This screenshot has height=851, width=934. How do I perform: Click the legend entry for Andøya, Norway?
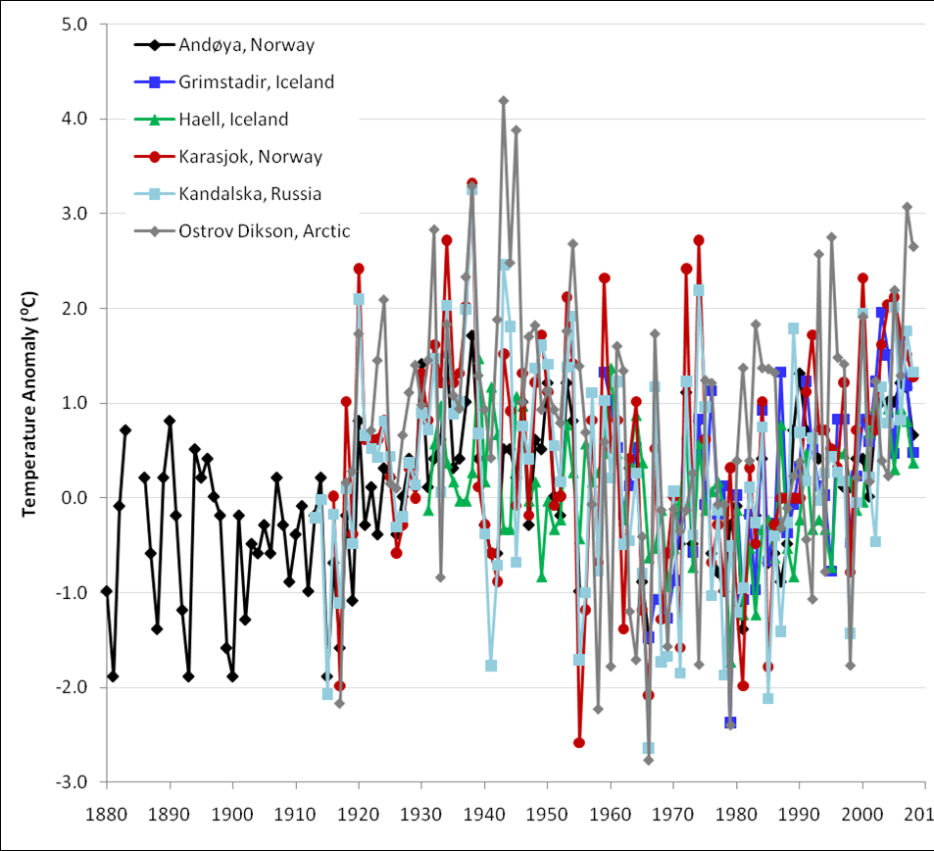[x=247, y=44]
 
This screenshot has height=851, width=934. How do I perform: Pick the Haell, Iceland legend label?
[x=233, y=120]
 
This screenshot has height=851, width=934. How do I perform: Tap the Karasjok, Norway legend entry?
[x=250, y=157]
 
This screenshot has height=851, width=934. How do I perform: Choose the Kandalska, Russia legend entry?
[x=250, y=194]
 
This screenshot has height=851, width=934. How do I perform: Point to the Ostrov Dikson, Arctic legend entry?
[x=265, y=231]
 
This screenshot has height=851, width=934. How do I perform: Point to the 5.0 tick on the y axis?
[x=74, y=24]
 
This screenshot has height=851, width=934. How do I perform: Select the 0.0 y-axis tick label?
[x=74, y=498]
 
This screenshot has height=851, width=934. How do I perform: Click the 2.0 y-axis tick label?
[x=74, y=308]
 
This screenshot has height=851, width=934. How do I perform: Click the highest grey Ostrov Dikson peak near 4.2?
[x=504, y=100]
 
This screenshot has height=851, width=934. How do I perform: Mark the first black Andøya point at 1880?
[x=107, y=590]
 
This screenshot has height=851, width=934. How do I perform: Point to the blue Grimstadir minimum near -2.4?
[x=730, y=723]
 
